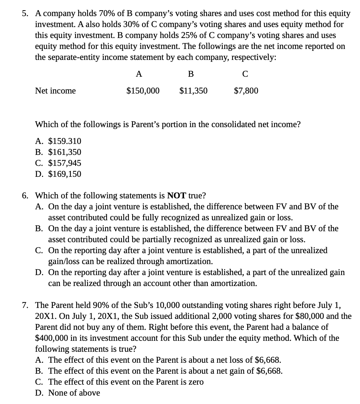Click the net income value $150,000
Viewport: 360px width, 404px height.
(x=143, y=91)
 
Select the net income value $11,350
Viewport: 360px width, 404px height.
(x=193, y=91)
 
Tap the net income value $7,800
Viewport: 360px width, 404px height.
(x=246, y=91)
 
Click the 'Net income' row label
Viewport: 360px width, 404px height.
(x=55, y=91)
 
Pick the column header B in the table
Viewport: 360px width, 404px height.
(x=191, y=74)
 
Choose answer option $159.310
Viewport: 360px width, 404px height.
(x=65, y=141)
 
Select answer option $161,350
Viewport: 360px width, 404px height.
(x=65, y=152)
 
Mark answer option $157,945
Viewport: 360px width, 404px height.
(x=65, y=163)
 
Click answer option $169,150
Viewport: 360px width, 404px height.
(x=65, y=174)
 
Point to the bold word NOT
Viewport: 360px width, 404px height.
(x=177, y=195)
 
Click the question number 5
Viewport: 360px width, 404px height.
(x=25, y=14)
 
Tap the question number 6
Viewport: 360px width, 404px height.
(x=25, y=195)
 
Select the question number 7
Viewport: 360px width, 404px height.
(x=25, y=305)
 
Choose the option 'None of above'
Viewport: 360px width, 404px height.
(x=74, y=393)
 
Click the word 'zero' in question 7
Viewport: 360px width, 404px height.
(x=195, y=382)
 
